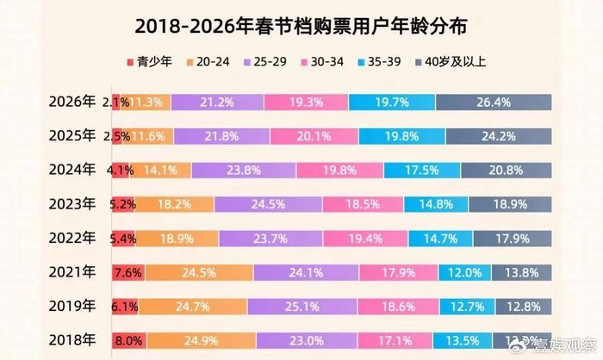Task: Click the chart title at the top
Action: (301, 26)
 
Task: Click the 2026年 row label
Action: (71, 102)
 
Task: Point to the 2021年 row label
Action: (71, 272)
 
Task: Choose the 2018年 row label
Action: (71, 340)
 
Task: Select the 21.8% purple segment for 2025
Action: (221, 136)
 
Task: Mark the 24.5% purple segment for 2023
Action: (268, 204)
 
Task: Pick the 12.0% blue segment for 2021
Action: (465, 272)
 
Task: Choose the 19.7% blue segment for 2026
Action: (392, 102)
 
